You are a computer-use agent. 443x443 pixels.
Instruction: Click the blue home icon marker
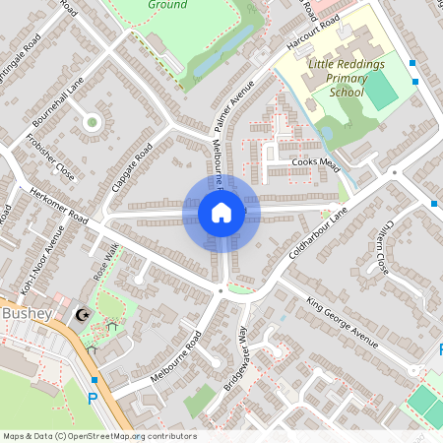point(221,211)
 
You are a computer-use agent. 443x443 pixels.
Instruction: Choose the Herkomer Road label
point(59,205)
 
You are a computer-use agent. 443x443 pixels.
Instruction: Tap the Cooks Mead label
point(316,162)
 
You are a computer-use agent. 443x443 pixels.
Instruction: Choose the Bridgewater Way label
point(237,359)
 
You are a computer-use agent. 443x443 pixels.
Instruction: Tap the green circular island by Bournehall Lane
point(92,122)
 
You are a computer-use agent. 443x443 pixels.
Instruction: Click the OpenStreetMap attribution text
point(98,436)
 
